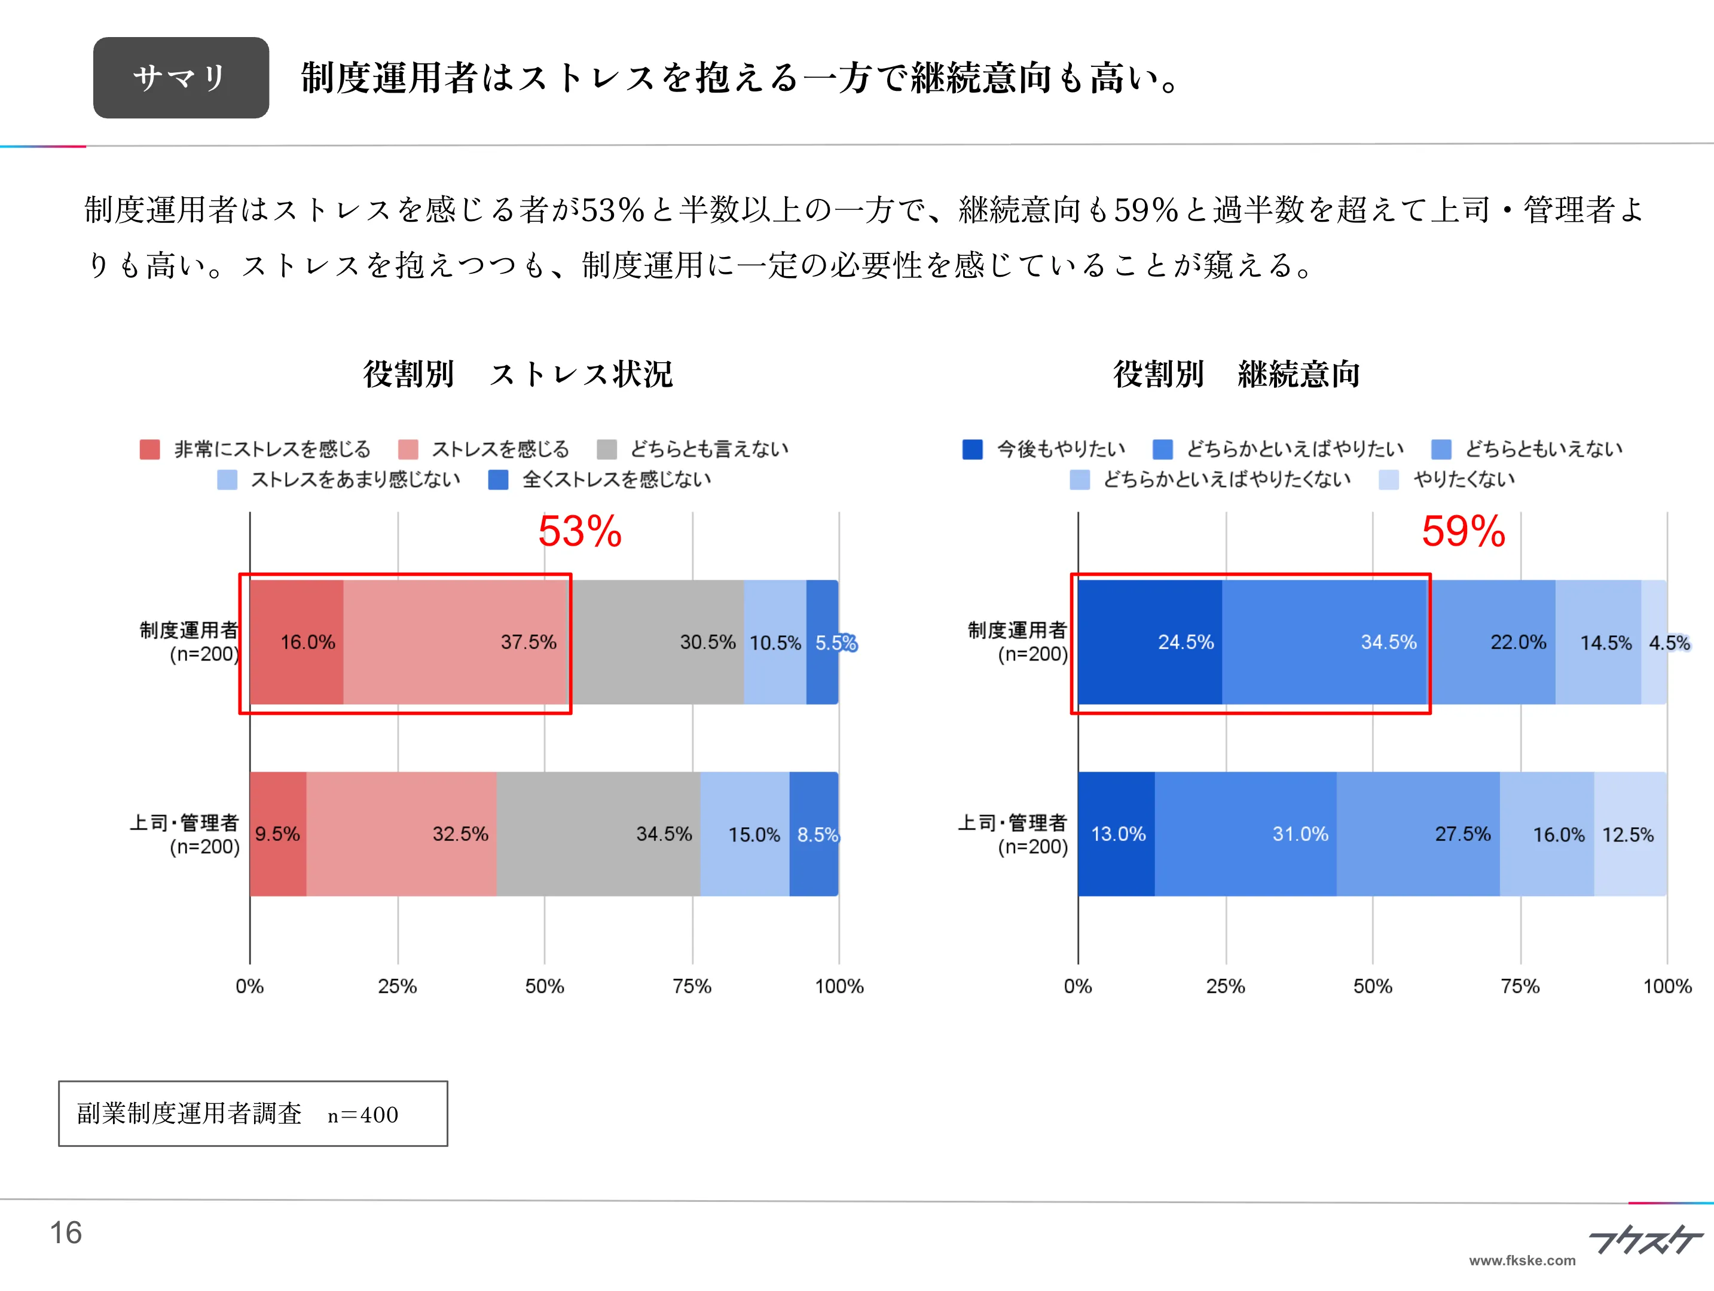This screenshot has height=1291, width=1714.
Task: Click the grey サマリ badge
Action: [x=181, y=78]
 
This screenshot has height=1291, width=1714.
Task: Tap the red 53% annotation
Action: [x=579, y=531]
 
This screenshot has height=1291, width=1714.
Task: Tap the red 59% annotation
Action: [x=1463, y=531]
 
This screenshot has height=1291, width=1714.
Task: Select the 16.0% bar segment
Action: [x=297, y=642]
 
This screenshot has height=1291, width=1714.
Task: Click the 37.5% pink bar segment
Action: [x=457, y=642]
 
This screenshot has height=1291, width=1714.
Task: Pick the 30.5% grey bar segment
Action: [x=657, y=642]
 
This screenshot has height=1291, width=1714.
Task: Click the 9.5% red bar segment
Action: [x=277, y=834]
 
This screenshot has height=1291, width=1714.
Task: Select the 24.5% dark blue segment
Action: [x=1150, y=642]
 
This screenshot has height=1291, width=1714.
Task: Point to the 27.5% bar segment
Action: [x=1418, y=834]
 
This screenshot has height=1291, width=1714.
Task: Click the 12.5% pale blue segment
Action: [x=1630, y=834]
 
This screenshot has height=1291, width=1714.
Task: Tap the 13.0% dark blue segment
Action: [x=1117, y=834]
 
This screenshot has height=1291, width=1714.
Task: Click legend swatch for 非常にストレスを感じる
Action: [x=149, y=449]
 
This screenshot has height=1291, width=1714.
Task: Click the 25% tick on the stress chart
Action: [x=398, y=986]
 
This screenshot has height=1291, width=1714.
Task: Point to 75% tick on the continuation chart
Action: [x=1520, y=986]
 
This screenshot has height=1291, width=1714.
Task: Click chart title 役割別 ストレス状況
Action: [x=518, y=374]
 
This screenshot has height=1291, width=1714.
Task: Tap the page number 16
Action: [x=66, y=1232]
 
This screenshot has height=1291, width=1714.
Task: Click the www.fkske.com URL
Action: [x=1522, y=1260]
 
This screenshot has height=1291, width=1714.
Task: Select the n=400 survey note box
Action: [x=253, y=1113]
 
